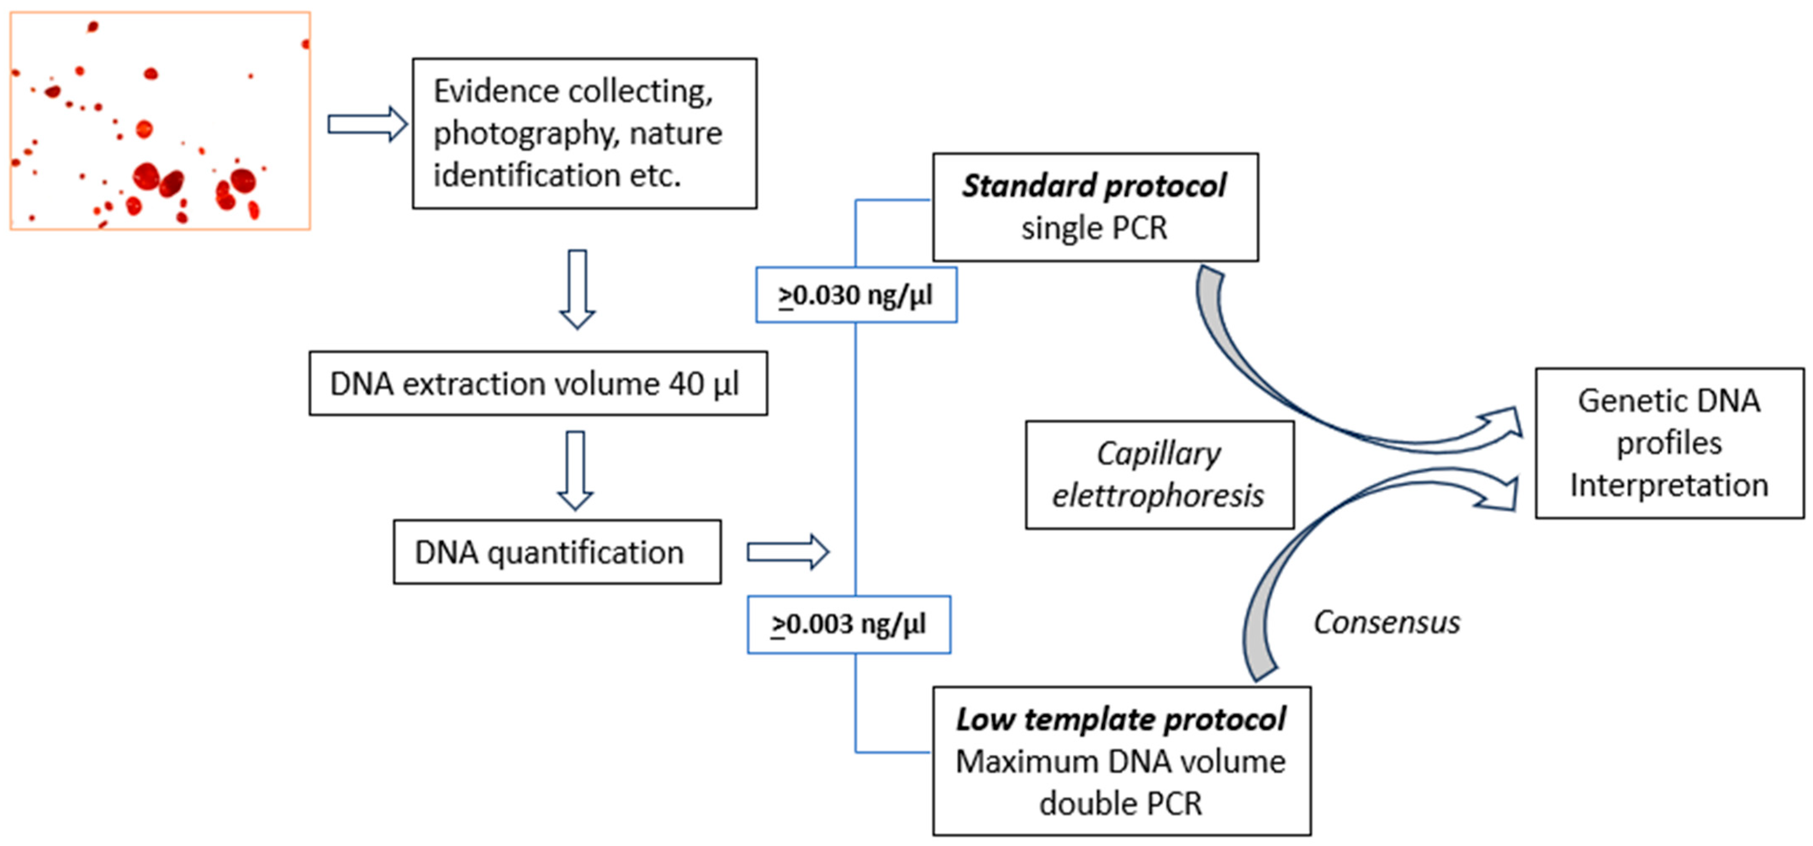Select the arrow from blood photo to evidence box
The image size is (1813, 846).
(367, 124)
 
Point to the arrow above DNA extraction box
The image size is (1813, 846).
(577, 289)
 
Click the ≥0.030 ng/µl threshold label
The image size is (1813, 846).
(856, 295)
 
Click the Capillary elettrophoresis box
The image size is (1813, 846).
(1159, 475)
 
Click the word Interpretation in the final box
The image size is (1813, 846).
(1669, 486)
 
